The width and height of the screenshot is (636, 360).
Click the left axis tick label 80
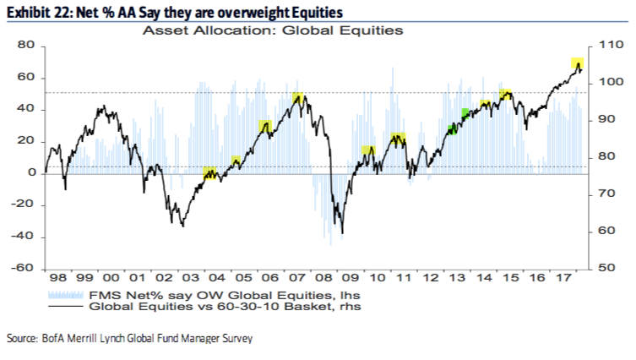pyautogui.click(x=25, y=46)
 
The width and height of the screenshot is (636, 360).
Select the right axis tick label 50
pyautogui.click(x=607, y=269)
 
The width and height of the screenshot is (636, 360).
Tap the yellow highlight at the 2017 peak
pyautogui.click(x=578, y=63)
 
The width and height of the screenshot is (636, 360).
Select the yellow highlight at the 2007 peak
pyautogui.click(x=298, y=99)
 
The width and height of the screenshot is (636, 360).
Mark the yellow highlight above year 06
pyautogui.click(x=265, y=127)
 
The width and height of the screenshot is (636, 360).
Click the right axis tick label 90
pyautogui.click(x=607, y=120)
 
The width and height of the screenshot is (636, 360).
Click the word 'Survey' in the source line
pyautogui.click(x=234, y=339)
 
